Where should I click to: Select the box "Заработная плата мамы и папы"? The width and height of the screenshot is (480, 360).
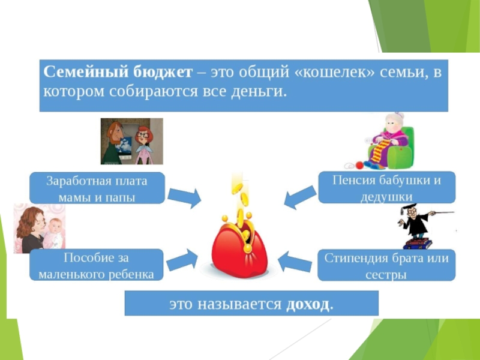97,188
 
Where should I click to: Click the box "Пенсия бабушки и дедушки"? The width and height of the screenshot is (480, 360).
386,188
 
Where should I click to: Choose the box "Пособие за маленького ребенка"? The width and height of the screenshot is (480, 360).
97,265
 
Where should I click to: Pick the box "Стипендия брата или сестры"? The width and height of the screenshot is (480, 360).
386,266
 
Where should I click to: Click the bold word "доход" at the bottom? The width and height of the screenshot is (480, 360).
308,304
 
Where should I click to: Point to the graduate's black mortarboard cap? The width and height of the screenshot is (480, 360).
410,207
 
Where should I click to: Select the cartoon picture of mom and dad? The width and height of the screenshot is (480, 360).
131,142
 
